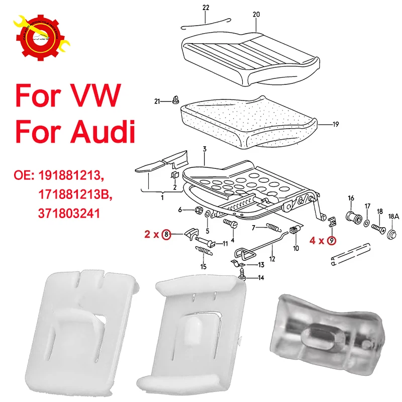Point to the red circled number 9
331,241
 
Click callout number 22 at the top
206,8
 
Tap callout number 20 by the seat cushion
256,15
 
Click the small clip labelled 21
175,101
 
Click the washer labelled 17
367,222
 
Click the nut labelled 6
198,210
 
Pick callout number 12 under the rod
272,259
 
